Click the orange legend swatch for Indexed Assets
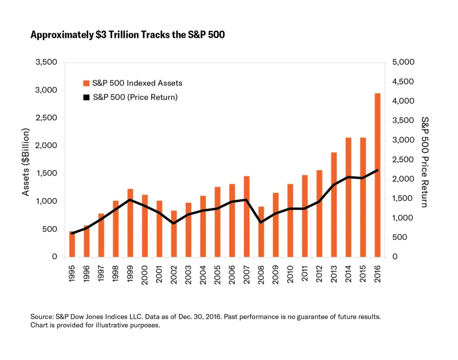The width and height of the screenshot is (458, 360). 86,83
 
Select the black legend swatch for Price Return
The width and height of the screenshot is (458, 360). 86,97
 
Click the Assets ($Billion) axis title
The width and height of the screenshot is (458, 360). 26,159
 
